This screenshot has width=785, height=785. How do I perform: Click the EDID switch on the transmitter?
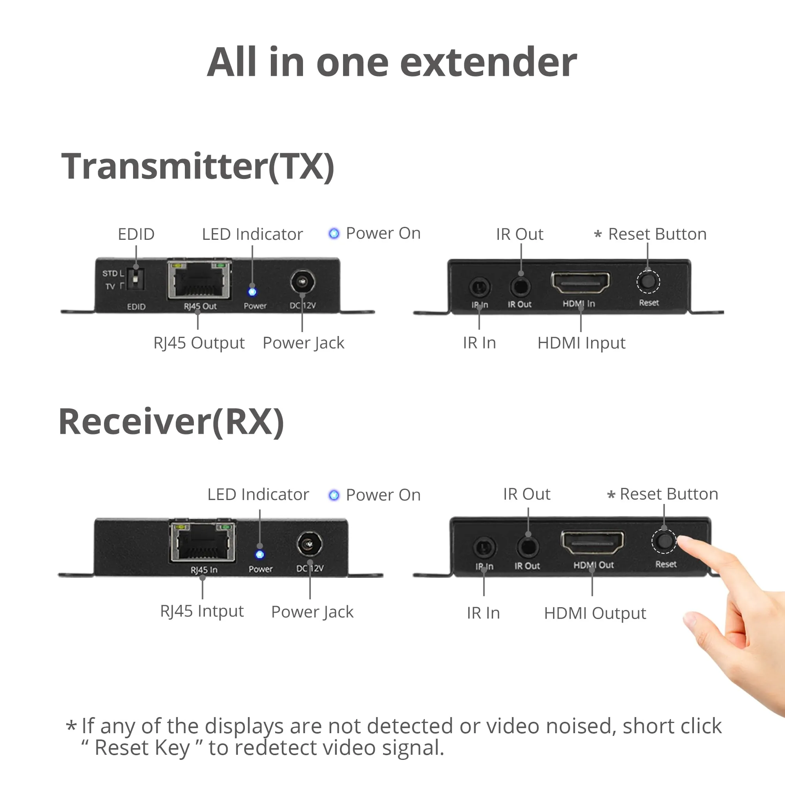(136, 278)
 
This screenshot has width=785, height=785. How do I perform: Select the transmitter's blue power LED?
(252, 292)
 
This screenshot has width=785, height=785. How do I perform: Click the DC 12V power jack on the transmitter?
(303, 282)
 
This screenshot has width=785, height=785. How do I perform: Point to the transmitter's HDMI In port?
(581, 282)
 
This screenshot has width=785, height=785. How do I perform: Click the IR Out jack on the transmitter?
(520, 287)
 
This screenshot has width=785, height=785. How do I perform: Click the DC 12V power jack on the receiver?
(310, 544)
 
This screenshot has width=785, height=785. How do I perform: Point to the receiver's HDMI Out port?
(592, 542)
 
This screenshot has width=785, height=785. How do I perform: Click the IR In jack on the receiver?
(484, 547)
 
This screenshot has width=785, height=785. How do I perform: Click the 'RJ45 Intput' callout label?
(202, 612)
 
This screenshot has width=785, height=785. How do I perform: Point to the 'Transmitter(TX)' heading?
(198, 166)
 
